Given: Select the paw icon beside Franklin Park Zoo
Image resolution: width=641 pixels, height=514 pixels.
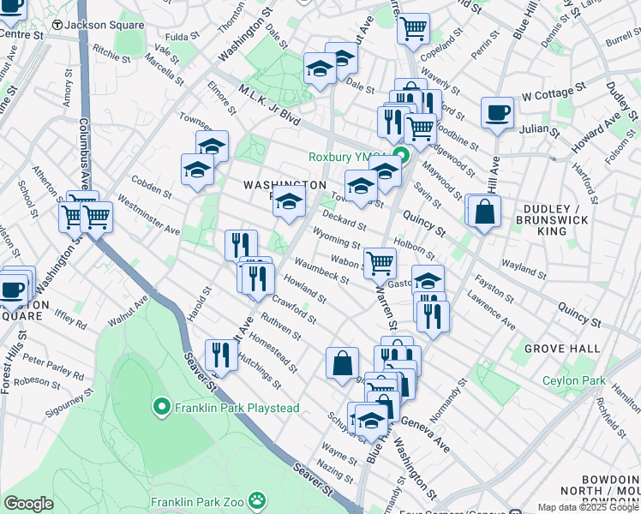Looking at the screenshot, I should tap(256, 499).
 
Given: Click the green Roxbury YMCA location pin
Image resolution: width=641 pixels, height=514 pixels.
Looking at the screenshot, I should tap(400, 157).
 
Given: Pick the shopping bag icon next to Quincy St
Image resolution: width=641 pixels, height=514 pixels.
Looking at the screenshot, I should tap(484, 212).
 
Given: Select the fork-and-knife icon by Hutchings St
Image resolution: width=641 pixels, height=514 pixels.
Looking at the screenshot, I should tap(221, 356).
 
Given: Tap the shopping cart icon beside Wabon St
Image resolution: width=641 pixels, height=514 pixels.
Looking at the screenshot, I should tap(380, 262).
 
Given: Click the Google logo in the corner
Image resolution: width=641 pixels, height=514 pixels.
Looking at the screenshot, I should tap(28, 504).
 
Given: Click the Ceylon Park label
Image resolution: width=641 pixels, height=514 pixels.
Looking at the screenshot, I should tap(573, 380).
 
